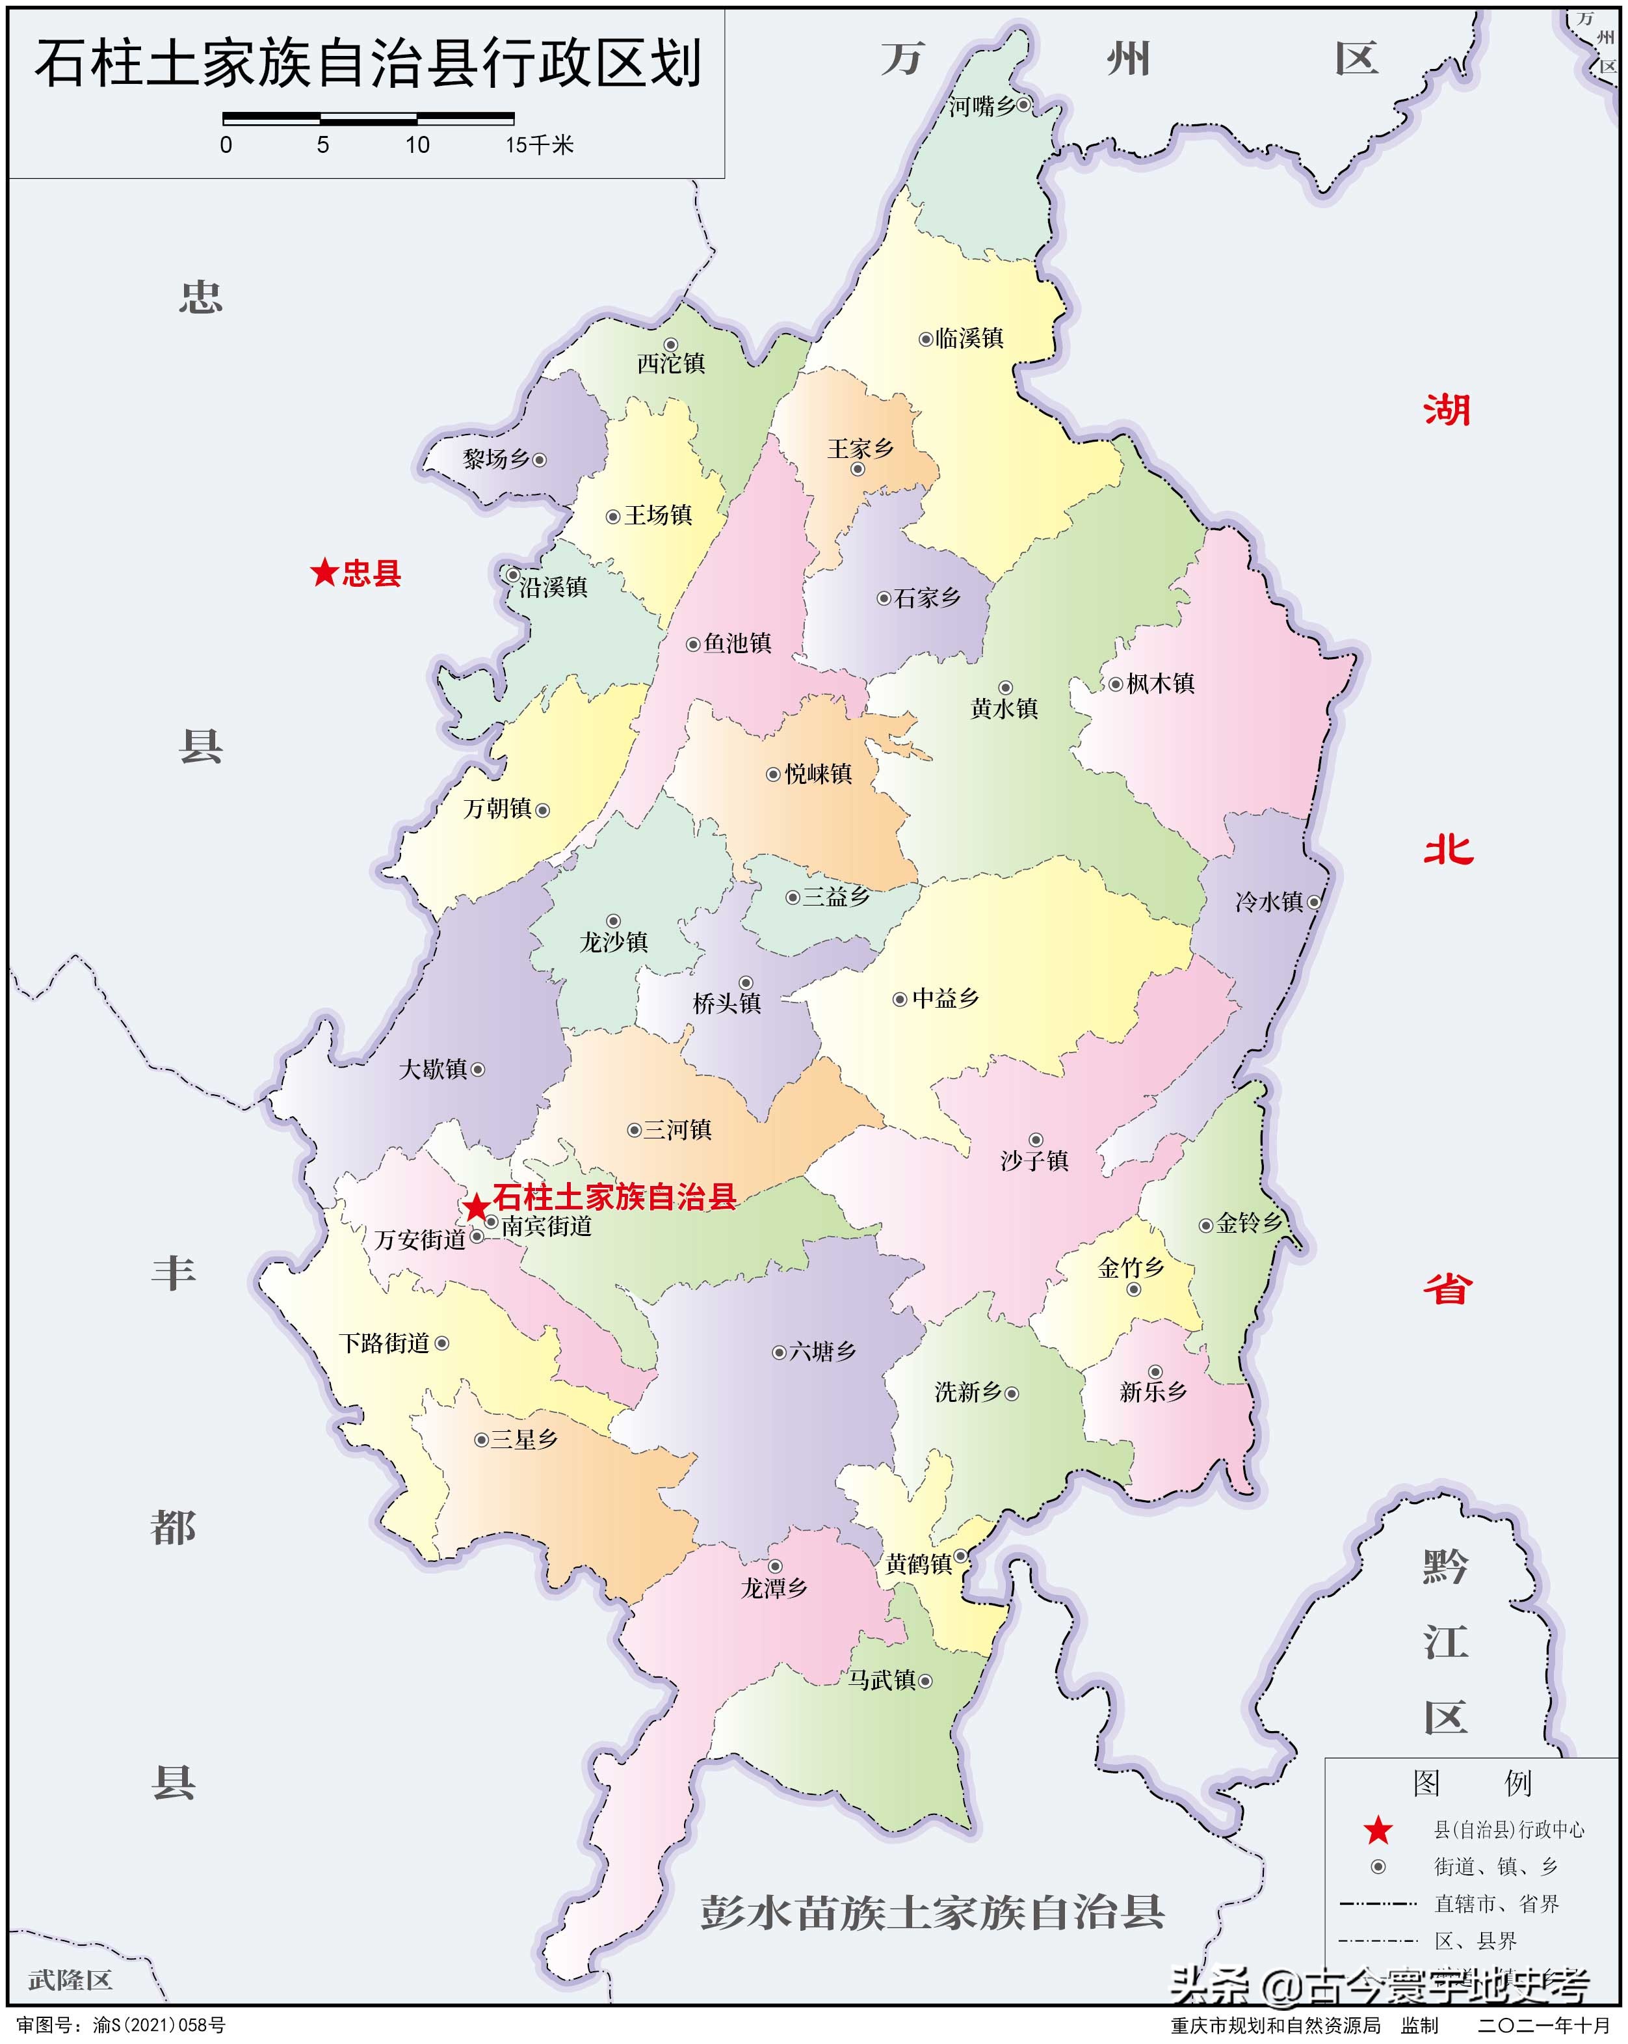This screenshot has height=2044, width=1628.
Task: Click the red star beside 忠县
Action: click(x=324, y=572)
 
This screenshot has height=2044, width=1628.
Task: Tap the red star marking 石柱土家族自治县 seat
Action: click(x=476, y=1208)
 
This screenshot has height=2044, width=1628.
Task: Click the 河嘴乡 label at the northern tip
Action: click(x=982, y=106)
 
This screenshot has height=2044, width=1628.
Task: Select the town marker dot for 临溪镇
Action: click(x=926, y=338)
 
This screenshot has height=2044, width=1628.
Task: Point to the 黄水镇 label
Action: click(x=1004, y=708)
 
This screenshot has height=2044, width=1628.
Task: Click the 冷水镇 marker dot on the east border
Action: click(x=1313, y=902)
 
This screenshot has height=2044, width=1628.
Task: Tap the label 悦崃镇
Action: click(x=818, y=773)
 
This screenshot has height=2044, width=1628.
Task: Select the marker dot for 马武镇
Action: click(x=926, y=1681)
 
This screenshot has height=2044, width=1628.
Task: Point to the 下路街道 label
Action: click(x=385, y=1343)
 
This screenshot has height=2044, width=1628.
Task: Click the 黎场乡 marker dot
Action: click(x=539, y=460)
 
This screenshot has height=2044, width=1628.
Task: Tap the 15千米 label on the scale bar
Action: click(x=539, y=145)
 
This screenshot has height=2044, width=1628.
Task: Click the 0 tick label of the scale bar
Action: click(x=226, y=145)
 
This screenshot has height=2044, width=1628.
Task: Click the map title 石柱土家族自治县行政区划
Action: click(x=368, y=64)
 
